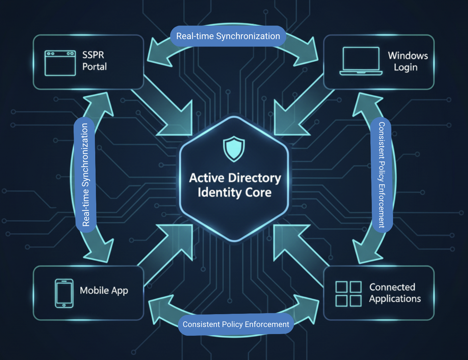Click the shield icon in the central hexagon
click(234, 149)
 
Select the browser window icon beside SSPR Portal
click(60, 63)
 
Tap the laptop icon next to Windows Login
click(361, 61)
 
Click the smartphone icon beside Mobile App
click(64, 293)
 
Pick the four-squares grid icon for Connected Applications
click(348, 294)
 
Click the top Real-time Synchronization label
click(228, 36)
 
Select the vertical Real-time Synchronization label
click(85, 175)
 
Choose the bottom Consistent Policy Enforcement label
click(236, 324)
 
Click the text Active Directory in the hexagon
click(235, 178)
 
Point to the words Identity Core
click(234, 192)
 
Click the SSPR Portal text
click(94, 61)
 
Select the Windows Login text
click(407, 61)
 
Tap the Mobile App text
click(104, 290)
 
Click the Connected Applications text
click(395, 293)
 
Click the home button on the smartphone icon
click(64, 305)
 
